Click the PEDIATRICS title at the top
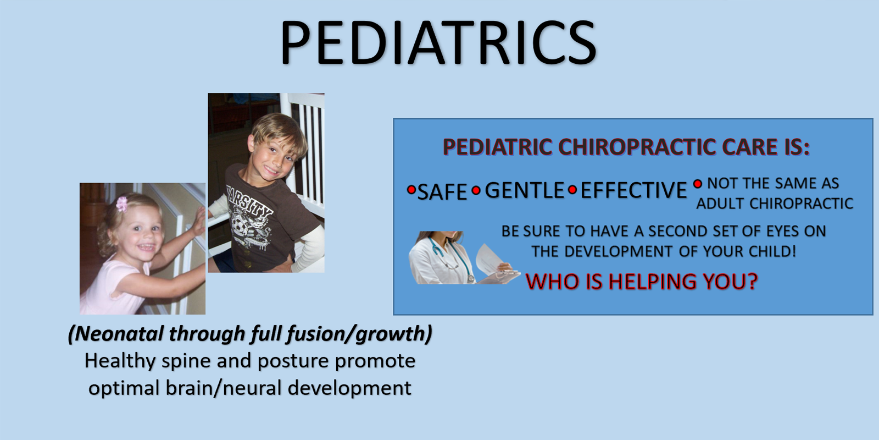point(438,42)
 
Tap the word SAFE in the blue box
point(442,192)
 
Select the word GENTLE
point(525,190)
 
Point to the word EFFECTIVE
point(634,190)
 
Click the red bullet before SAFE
point(411,190)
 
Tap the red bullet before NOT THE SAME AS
point(697,184)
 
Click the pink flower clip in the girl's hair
point(122,204)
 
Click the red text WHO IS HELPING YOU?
point(642,282)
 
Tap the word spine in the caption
point(186,361)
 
